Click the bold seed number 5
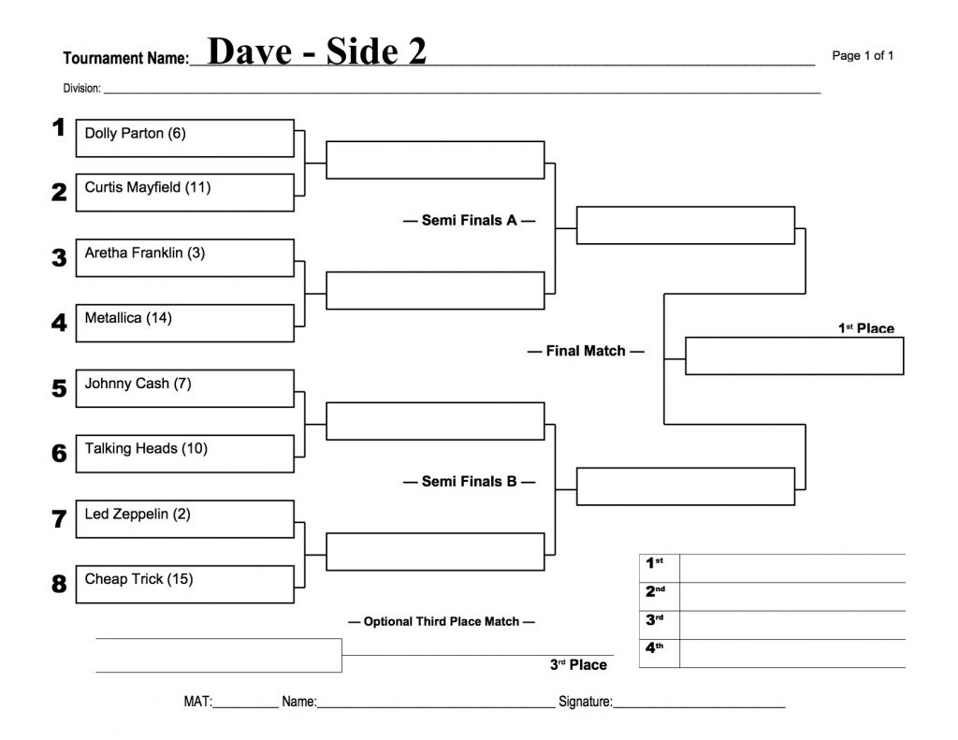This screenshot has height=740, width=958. pos(59,388)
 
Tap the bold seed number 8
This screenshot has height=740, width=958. pos(59,584)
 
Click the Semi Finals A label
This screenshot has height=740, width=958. pos(470,220)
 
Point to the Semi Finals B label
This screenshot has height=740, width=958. pos(470,482)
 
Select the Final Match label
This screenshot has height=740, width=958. pos(586,351)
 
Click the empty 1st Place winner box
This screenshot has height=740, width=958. pos(794,355)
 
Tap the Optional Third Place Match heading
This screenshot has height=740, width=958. pos(442,621)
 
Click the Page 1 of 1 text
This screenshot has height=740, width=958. pos(863,55)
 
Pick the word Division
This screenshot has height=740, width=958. pos(82,88)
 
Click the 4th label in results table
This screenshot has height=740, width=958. pos(655,647)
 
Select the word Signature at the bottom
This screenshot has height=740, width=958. pos(585,702)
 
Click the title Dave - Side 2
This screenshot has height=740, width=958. pos(316,51)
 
